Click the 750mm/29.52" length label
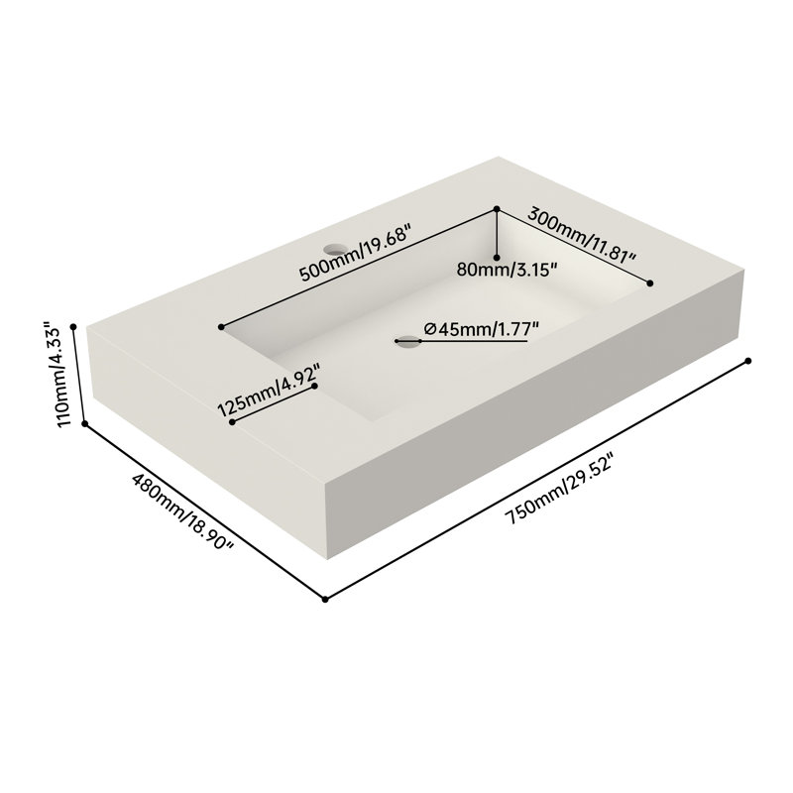(561, 490)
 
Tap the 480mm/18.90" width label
(183, 511)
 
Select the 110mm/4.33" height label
(58, 375)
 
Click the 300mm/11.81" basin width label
(582, 236)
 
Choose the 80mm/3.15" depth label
(507, 270)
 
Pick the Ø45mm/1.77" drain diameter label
(482, 329)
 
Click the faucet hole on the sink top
(336, 249)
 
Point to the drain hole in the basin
(408, 341)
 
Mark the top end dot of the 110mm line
(73, 327)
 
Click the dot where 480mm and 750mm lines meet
(325, 600)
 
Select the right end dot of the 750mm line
(748, 361)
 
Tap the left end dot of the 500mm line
(221, 327)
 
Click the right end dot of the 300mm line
(650, 283)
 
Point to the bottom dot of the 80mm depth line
(497, 258)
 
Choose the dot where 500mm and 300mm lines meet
(497, 209)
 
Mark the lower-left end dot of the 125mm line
(232, 422)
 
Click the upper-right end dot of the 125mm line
(314, 386)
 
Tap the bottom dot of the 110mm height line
(85, 424)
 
